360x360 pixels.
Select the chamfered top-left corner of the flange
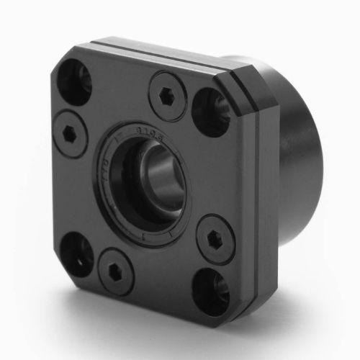point(62,54)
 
